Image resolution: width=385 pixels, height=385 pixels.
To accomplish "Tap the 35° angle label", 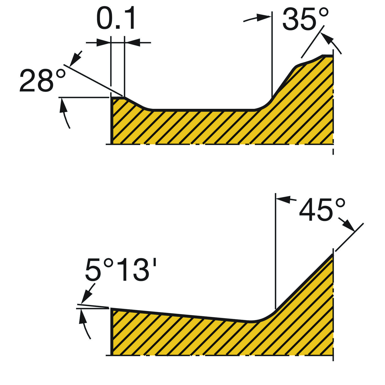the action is pos(305,19).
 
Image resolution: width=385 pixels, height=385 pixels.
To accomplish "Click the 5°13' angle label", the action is pos(121,270).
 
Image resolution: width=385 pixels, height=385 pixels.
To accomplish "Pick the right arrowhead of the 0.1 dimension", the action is pos(132,42).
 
